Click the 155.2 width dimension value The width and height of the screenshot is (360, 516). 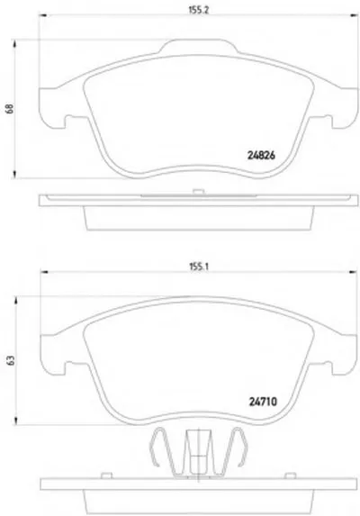(199, 10)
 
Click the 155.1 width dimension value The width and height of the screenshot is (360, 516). (199, 267)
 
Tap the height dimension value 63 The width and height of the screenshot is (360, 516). (11, 360)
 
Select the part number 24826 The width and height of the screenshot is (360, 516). (261, 155)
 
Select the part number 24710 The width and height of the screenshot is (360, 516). (263, 402)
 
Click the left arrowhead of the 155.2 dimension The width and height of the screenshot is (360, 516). (43, 14)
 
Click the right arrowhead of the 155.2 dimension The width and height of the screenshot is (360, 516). (355, 14)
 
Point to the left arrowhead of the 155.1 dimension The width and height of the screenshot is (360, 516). (44, 272)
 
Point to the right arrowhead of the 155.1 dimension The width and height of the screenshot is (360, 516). (353, 272)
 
